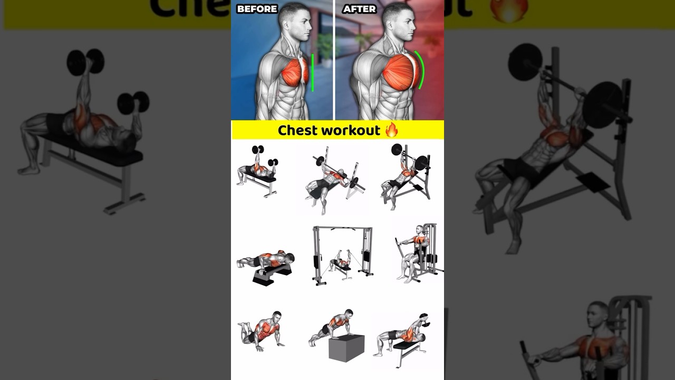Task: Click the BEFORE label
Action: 257,9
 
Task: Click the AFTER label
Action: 359,9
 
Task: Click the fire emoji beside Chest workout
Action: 391,130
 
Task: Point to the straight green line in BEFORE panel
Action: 312,72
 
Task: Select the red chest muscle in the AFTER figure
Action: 401,72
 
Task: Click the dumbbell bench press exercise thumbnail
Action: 257,170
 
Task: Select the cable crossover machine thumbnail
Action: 342,255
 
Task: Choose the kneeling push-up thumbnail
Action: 262,330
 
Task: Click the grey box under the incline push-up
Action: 346,348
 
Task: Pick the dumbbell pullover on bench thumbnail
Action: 402,338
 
